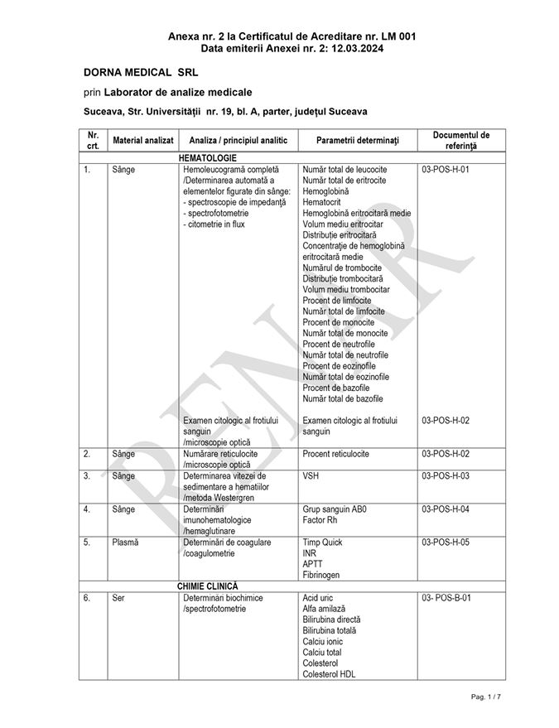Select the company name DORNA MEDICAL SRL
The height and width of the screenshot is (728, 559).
[140, 73]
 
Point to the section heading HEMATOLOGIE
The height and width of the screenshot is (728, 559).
[207, 157]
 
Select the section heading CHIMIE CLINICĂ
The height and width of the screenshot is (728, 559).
[207, 586]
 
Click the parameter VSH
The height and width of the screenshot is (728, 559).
[311, 476]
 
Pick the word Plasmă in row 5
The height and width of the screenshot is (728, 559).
[125, 542]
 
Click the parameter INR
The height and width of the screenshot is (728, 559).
[310, 553]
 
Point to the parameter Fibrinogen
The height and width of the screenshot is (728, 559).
[321, 575]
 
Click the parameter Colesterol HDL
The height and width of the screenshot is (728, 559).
[332, 674]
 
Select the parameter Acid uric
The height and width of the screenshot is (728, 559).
[319, 598]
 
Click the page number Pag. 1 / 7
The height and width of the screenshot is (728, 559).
[486, 697]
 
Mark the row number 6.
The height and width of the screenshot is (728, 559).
[87, 598]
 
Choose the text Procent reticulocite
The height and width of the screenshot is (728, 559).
[336, 454]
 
